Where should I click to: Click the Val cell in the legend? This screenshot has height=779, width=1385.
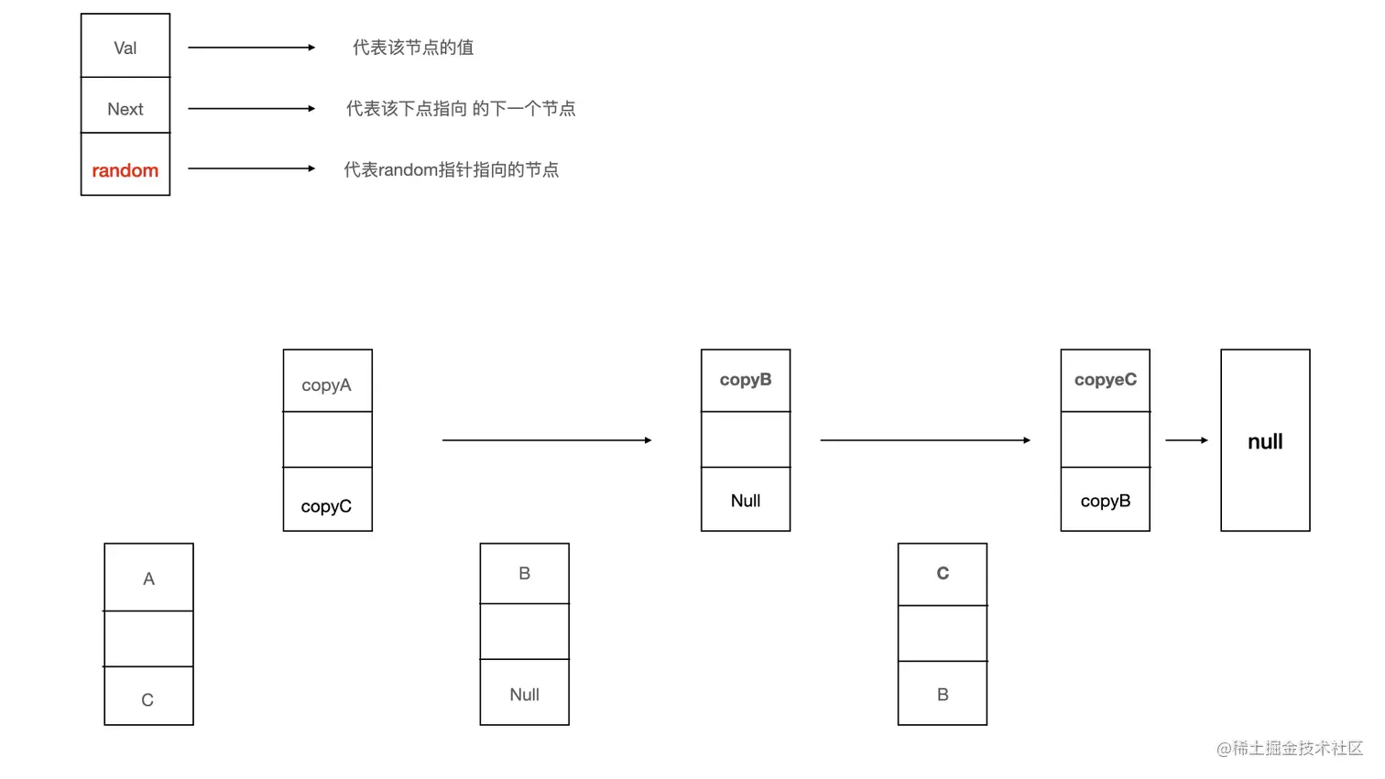[x=125, y=48]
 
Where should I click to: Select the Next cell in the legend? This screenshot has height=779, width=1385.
[x=125, y=109]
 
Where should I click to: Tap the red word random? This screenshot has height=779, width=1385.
[x=125, y=170]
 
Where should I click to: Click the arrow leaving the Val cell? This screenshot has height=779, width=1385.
[x=251, y=48]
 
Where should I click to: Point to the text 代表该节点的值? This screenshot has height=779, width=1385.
[x=413, y=48]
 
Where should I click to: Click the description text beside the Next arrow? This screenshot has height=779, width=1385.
[x=461, y=109]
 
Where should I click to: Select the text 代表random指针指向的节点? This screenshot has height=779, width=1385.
[x=452, y=170]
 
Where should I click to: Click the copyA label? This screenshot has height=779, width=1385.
[x=326, y=385]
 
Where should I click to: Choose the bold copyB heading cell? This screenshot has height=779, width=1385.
[x=746, y=380]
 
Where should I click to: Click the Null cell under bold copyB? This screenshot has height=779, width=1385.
[x=746, y=501]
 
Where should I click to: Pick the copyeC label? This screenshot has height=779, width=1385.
[x=1106, y=380]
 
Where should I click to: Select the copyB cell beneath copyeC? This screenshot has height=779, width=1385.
[x=1106, y=501]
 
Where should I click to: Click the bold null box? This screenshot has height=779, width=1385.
[x=1265, y=441]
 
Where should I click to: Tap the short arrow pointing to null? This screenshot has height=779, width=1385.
[x=1186, y=440]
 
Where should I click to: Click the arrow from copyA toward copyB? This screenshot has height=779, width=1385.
[x=547, y=440]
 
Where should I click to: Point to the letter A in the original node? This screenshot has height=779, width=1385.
[x=148, y=579]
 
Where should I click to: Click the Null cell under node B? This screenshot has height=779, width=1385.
[x=524, y=695]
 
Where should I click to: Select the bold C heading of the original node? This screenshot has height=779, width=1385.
[x=943, y=573]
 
